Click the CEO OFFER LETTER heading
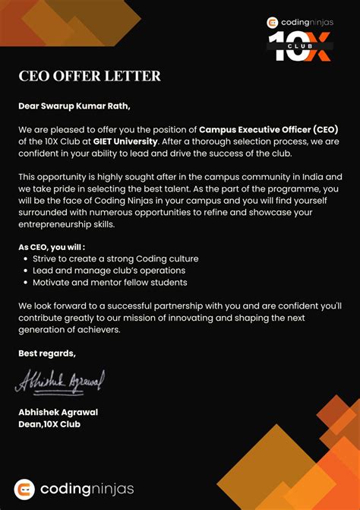(x=90, y=76)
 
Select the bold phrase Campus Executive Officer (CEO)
(x=269, y=129)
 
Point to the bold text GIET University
(x=125, y=141)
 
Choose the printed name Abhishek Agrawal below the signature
(x=58, y=412)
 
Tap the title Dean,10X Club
(x=49, y=424)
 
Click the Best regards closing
(x=47, y=353)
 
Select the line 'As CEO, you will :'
(x=52, y=247)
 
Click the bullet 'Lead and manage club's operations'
(x=109, y=271)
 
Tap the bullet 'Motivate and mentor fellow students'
(x=109, y=283)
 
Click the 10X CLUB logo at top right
(x=299, y=46)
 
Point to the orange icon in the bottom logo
(x=25, y=489)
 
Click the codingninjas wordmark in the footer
(x=87, y=489)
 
